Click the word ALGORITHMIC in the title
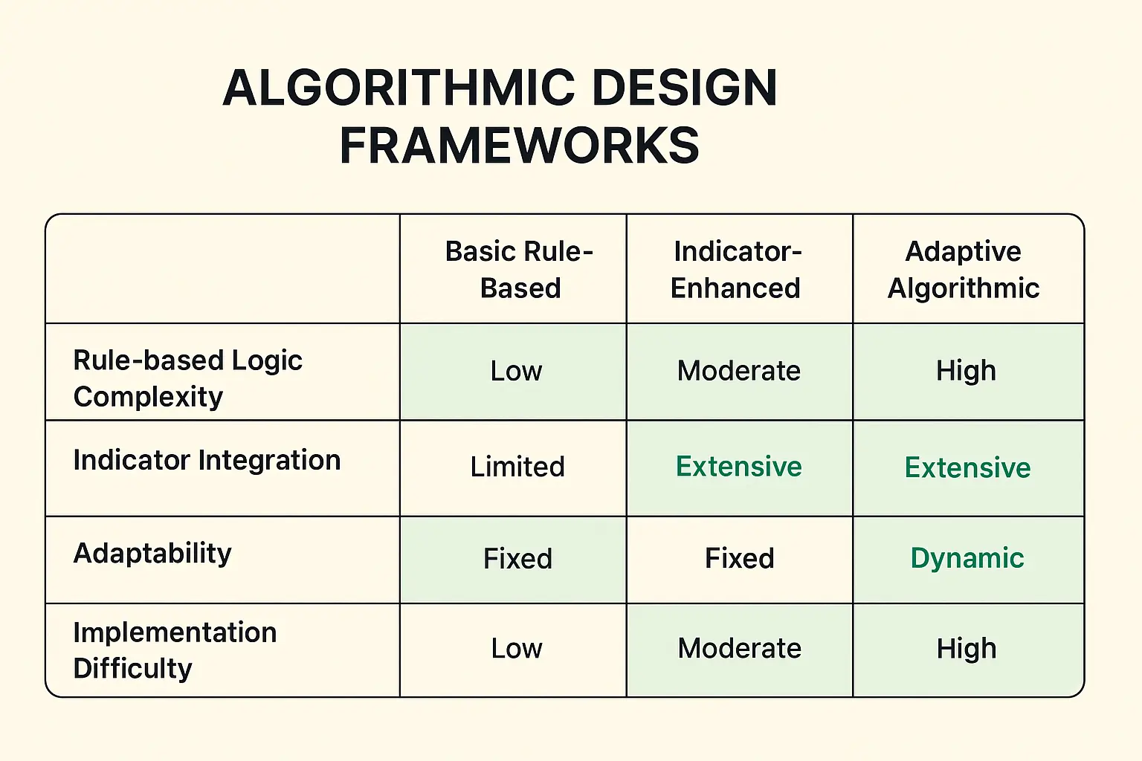click(x=399, y=88)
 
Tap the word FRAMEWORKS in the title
click(x=519, y=146)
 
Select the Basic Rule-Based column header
click(x=519, y=269)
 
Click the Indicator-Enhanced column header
click(x=737, y=269)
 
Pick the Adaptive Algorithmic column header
click(x=964, y=269)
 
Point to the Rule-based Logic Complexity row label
click(x=187, y=378)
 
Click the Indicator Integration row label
click(x=207, y=460)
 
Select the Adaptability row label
click(x=152, y=553)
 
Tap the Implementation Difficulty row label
click(x=175, y=650)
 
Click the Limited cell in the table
click(x=517, y=467)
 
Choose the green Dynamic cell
click(x=967, y=558)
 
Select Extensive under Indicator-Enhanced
click(x=738, y=467)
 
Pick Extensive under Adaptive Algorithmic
click(x=967, y=467)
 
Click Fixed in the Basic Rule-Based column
click(x=517, y=558)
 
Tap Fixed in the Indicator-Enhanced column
click(x=739, y=558)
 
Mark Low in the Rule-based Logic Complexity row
click(x=516, y=371)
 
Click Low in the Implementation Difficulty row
click(x=516, y=648)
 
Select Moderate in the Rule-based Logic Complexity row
click(x=738, y=371)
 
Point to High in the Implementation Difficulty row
click(x=966, y=648)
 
